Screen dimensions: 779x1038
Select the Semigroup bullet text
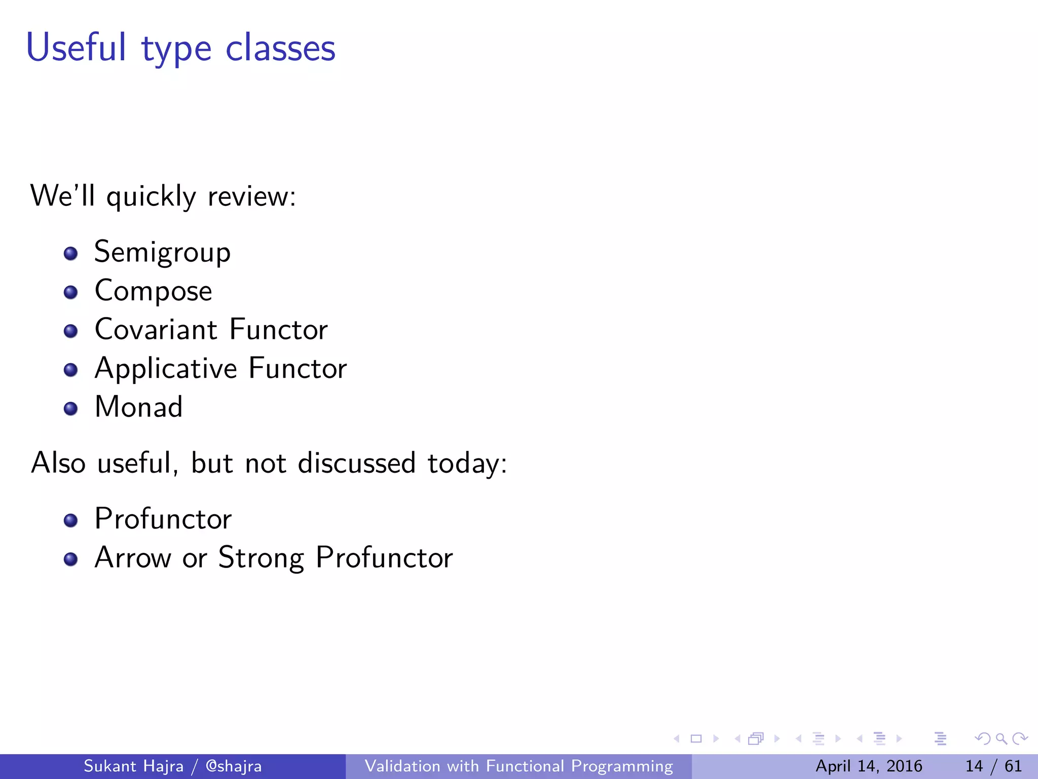click(x=162, y=252)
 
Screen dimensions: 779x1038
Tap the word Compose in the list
click(x=153, y=291)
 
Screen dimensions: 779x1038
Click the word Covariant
click(x=156, y=329)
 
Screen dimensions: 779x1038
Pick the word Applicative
click(x=166, y=369)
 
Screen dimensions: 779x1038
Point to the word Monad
click(x=138, y=407)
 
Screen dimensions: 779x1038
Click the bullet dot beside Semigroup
click(x=71, y=254)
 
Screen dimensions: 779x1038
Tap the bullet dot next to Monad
click(x=71, y=409)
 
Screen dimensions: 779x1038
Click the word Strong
click(x=261, y=558)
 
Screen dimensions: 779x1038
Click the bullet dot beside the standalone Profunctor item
click(x=71, y=520)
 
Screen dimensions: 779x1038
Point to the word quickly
click(x=151, y=197)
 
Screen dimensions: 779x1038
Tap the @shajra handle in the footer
click(x=234, y=766)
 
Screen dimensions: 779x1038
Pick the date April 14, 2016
click(x=868, y=766)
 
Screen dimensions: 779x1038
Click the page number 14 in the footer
click(x=974, y=766)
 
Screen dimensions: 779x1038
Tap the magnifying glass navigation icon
click(x=1001, y=738)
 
